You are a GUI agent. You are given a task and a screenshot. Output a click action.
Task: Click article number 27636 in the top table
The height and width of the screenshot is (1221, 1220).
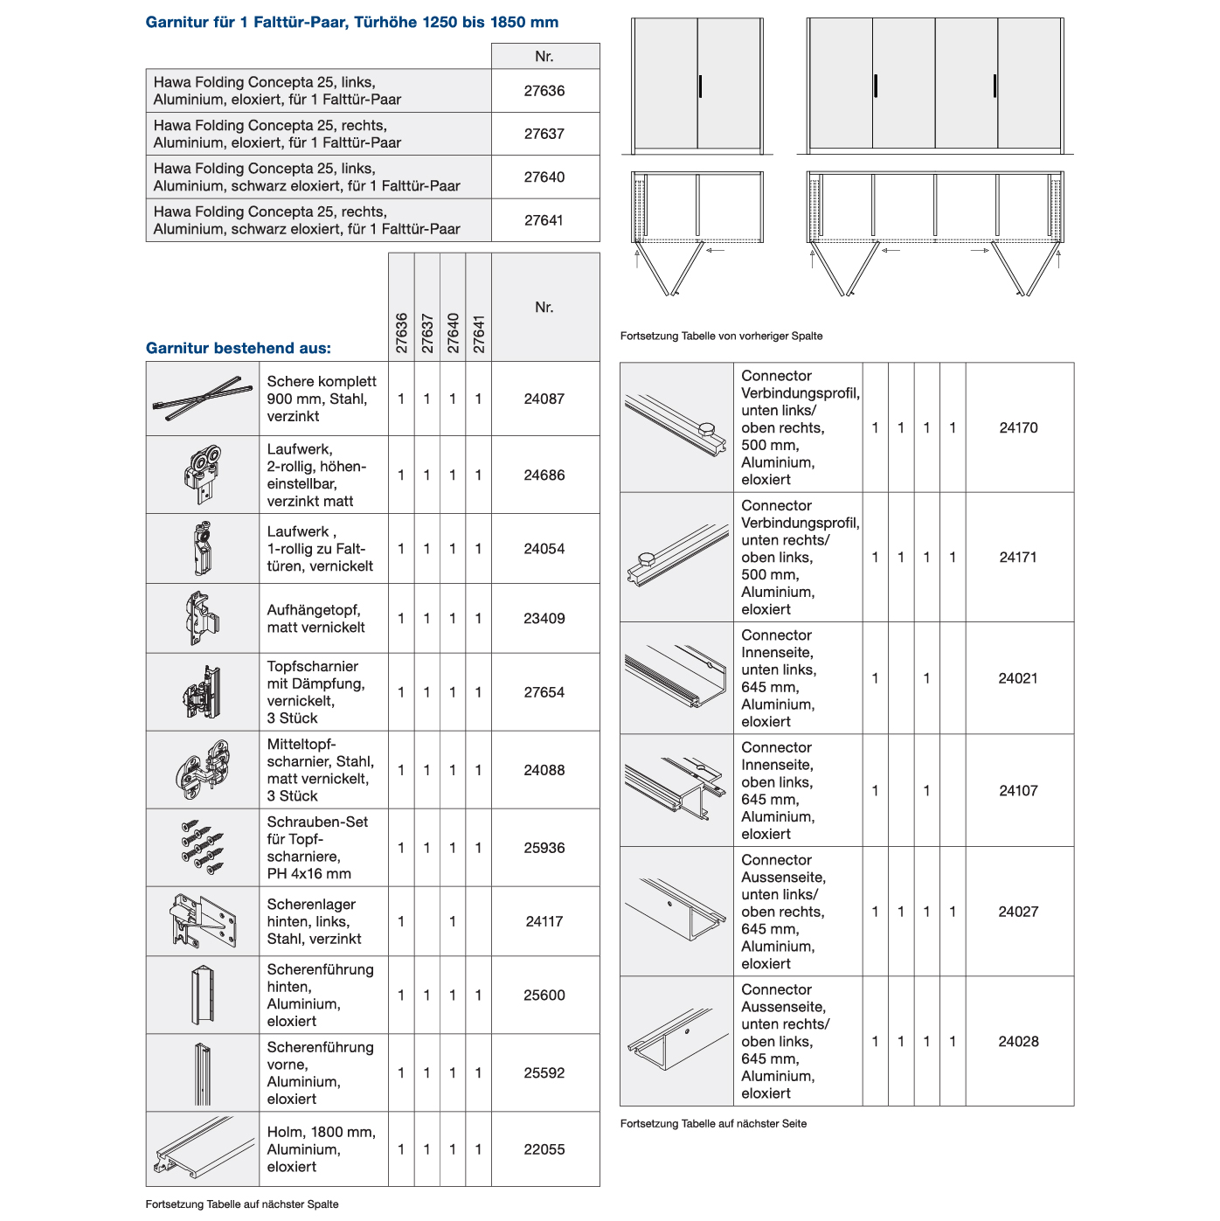pyautogui.click(x=544, y=91)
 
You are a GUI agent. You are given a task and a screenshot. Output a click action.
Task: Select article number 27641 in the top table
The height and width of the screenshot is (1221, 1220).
pyautogui.click(x=544, y=220)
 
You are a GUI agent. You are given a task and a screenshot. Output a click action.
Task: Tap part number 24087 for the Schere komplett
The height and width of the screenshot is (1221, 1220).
pyautogui.click(x=544, y=399)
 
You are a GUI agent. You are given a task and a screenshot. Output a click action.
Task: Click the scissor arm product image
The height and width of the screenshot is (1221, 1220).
pyautogui.click(x=202, y=399)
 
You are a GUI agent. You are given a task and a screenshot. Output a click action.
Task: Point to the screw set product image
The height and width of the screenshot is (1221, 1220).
pyautogui.click(x=202, y=848)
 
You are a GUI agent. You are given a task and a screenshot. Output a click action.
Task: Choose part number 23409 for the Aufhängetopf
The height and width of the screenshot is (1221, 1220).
pyautogui.click(x=544, y=618)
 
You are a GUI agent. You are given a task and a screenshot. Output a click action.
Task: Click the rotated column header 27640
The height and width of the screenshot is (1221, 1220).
pyautogui.click(x=453, y=333)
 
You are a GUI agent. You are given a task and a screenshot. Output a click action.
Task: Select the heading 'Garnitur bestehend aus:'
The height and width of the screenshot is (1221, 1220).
pyautogui.click(x=239, y=348)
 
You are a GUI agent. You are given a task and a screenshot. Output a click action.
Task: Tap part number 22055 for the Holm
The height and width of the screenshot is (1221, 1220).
pyautogui.click(x=544, y=1149)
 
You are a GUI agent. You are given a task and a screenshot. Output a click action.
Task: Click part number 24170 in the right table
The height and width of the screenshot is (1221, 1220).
pyautogui.click(x=1018, y=427)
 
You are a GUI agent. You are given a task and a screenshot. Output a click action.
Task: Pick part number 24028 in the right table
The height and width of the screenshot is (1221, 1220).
pyautogui.click(x=1018, y=1041)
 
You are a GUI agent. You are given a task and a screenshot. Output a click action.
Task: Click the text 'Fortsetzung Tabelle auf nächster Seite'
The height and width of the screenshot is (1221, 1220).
pyautogui.click(x=713, y=1123)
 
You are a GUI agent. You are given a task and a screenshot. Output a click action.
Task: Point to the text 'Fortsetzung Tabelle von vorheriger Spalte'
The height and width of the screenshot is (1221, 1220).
pyautogui.click(x=721, y=336)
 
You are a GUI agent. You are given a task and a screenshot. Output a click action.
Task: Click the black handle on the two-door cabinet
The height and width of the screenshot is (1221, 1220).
pyautogui.click(x=700, y=87)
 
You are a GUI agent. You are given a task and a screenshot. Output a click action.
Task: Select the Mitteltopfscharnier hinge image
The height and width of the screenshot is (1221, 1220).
pyautogui.click(x=202, y=769)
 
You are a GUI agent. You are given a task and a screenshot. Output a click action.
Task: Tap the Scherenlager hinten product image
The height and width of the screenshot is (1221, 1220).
pyautogui.click(x=202, y=921)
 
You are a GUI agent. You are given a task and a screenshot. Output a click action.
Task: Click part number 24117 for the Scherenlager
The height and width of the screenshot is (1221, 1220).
pyautogui.click(x=544, y=921)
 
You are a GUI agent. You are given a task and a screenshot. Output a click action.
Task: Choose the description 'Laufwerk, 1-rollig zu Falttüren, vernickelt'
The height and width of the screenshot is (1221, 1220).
pyautogui.click(x=320, y=549)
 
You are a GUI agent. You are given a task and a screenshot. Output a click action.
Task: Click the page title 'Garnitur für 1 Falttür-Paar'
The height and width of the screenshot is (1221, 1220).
pyautogui.click(x=351, y=23)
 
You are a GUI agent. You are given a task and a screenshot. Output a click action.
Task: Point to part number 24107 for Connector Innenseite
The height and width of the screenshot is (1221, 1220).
pyautogui.click(x=1018, y=790)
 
